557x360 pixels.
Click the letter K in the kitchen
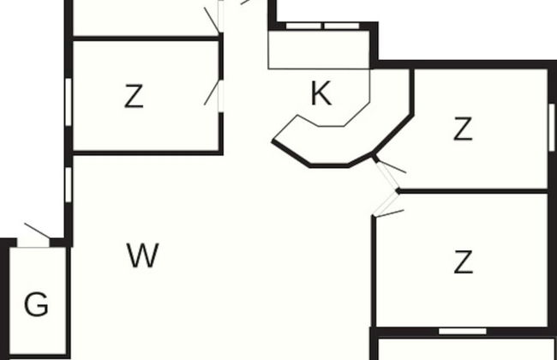[x=320, y=94]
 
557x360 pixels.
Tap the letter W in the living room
[x=142, y=255]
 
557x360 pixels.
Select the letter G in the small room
[x=36, y=304]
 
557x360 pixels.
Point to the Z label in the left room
[x=134, y=97]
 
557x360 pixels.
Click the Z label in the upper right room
[x=463, y=130]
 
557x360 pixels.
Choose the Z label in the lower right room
[x=463, y=262]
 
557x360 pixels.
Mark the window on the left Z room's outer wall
[x=68, y=101]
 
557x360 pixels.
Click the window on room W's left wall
[x=68, y=184]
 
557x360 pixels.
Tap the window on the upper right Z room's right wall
[x=551, y=127]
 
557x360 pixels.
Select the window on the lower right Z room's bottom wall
[x=463, y=331]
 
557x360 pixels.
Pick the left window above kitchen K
[x=303, y=26]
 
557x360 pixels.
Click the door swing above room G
[x=36, y=234]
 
